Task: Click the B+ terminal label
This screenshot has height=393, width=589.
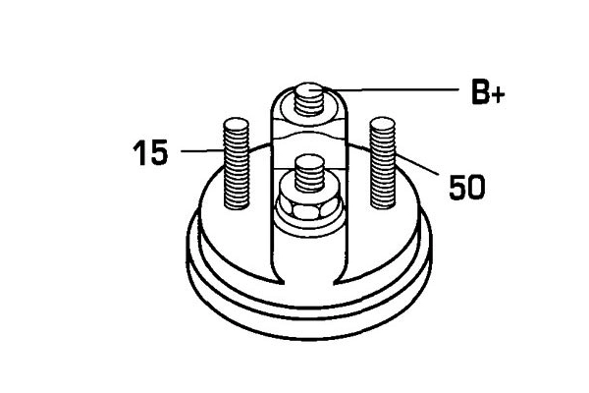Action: [488, 91]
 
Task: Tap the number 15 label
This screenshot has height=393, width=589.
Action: [150, 152]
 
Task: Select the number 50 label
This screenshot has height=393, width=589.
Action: [467, 187]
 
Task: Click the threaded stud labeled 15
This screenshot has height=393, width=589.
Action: [237, 164]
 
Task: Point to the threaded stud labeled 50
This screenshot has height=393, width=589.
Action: [383, 162]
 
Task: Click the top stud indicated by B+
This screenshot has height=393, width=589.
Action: [309, 99]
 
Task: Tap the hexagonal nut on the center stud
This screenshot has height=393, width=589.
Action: [308, 207]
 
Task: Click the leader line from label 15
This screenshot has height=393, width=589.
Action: [202, 150]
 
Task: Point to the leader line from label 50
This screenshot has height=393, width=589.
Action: [417, 164]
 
